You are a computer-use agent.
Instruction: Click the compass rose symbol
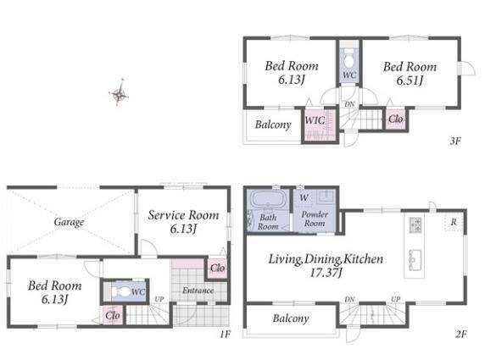point(119,92)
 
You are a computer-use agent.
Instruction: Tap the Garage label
point(69,222)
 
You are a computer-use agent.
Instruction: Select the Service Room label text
point(183,215)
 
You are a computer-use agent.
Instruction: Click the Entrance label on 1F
point(198,291)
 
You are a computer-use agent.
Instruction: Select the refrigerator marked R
point(454,222)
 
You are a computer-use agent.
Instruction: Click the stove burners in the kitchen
point(415,224)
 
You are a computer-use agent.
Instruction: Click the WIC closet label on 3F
point(315,120)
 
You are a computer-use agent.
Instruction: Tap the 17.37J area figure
point(326,273)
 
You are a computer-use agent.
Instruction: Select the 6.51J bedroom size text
point(410,80)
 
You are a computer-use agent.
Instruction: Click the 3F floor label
point(455,141)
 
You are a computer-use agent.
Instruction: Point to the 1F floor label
point(226,334)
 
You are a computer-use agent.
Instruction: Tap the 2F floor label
point(460,334)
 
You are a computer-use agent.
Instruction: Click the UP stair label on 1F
point(159,299)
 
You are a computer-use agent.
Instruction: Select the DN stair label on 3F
point(349,104)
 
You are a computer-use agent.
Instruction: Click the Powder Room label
point(315,219)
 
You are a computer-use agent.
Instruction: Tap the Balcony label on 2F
point(291,318)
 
